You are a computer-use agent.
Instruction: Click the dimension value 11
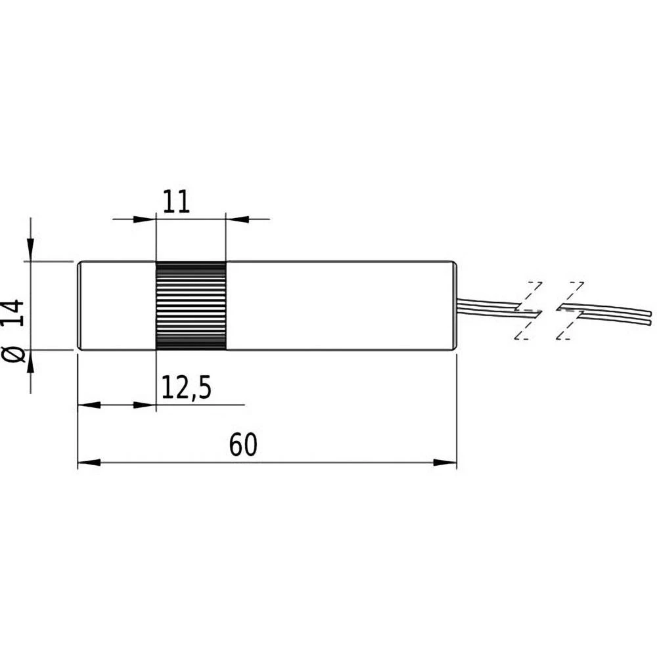coord(175,201)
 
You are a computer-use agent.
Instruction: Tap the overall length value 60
coord(243,445)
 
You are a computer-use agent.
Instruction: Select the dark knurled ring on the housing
coord(191,306)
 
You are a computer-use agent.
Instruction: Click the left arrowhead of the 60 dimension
coord(88,463)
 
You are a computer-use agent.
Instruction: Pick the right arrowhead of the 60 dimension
coord(446,463)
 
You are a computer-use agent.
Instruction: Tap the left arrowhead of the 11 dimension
coord(146,218)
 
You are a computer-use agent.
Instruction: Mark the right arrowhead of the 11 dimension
coord(235,218)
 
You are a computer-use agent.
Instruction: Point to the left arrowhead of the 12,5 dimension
coord(87,405)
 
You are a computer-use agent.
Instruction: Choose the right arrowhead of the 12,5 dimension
coord(146,405)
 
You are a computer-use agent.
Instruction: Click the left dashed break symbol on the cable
coord(529,310)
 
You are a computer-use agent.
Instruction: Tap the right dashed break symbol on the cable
coord(570,310)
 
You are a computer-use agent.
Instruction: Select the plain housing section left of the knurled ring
coord(116,306)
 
